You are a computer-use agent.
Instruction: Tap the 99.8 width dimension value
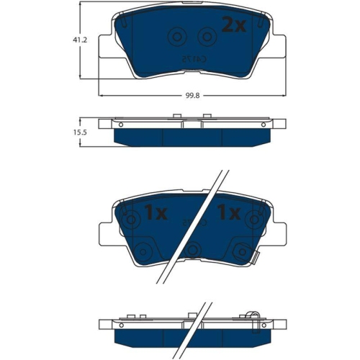pyautogui.click(x=190, y=91)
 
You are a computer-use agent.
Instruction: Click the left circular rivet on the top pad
pyautogui.click(x=175, y=37)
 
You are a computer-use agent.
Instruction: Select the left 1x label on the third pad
pyautogui.click(x=155, y=213)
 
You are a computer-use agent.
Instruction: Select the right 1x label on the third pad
pyautogui.click(x=228, y=213)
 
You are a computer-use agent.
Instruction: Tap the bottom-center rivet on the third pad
pyautogui.click(x=192, y=250)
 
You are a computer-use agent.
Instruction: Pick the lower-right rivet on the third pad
pyautogui.click(x=239, y=251)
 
